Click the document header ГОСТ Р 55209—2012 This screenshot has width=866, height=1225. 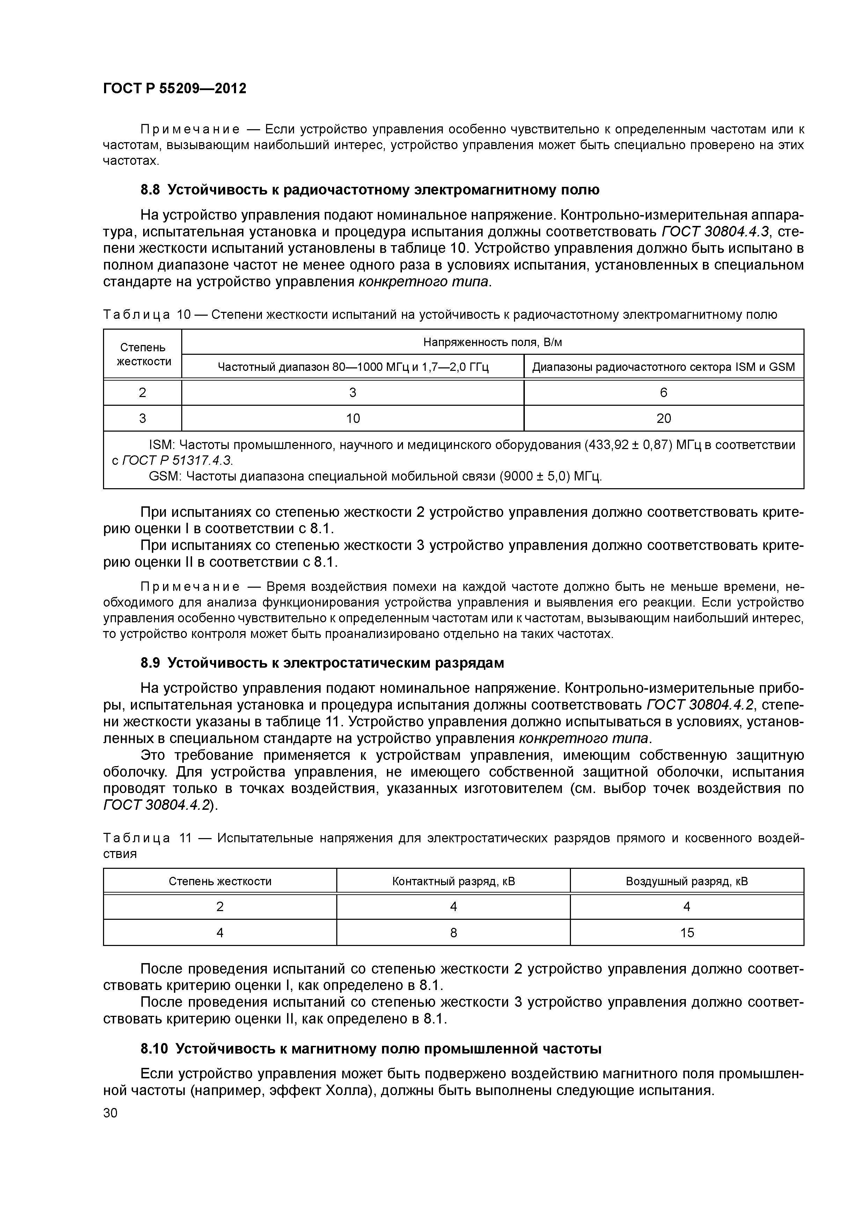pyautogui.click(x=175, y=89)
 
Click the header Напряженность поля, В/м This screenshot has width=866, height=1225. pyautogui.click(x=492, y=342)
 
